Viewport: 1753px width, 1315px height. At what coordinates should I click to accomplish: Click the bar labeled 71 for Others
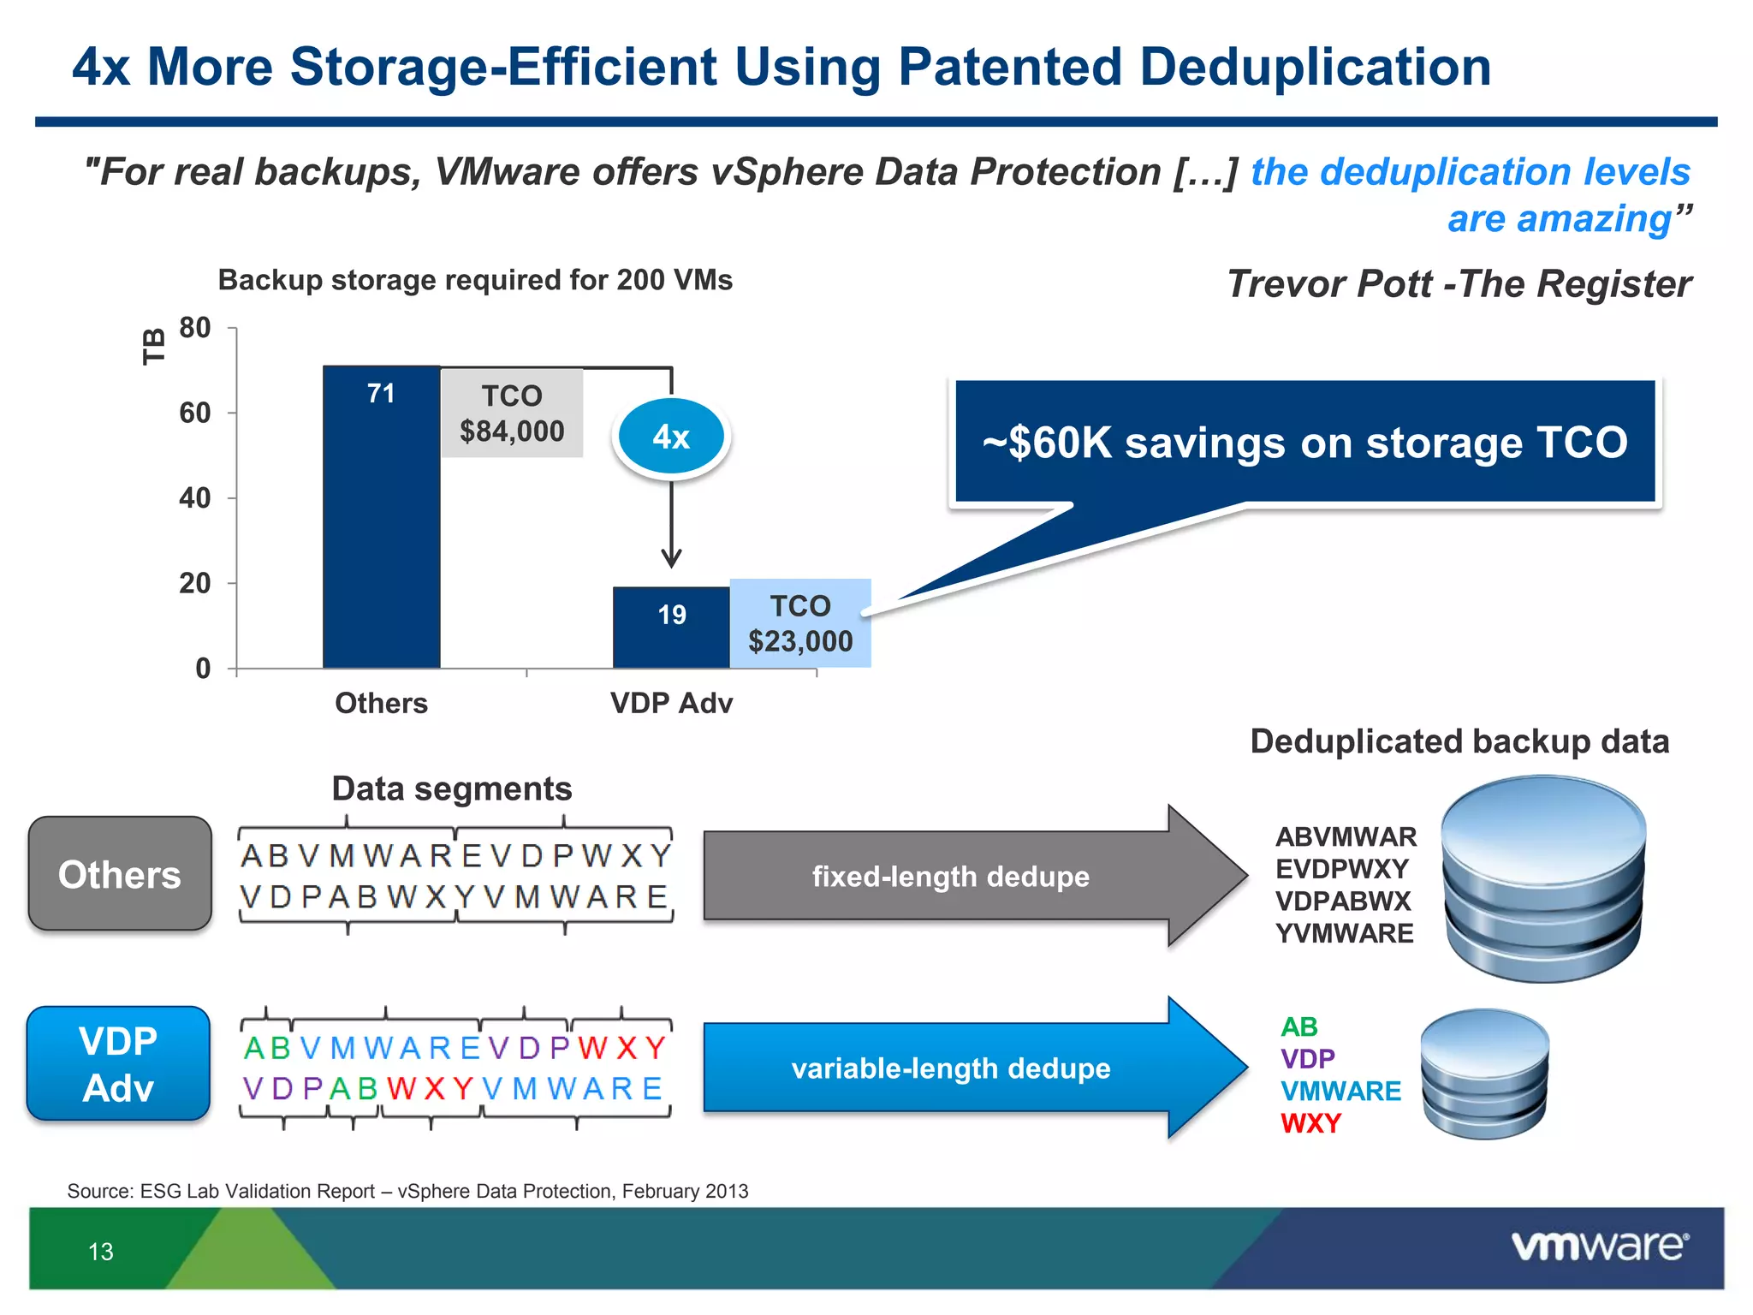click(381, 517)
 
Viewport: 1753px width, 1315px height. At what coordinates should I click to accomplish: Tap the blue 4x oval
click(671, 437)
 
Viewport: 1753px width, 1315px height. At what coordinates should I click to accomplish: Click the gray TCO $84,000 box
click(512, 414)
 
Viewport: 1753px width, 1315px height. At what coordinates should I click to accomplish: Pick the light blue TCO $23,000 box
click(800, 623)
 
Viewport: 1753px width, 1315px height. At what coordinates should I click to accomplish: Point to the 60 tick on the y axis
click(195, 414)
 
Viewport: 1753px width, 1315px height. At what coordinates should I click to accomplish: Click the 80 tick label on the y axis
click(195, 328)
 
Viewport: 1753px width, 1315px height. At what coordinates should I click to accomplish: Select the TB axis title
click(153, 347)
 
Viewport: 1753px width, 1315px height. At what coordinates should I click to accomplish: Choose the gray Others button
click(120, 874)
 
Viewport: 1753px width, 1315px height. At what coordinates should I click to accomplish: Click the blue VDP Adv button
click(119, 1064)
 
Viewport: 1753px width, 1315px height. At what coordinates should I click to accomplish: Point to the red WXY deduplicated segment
click(1310, 1123)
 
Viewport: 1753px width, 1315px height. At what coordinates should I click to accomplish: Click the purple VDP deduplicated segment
click(1307, 1059)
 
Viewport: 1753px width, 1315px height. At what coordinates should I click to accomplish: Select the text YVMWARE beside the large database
click(1344, 933)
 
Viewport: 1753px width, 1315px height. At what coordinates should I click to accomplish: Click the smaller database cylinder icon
click(1484, 1074)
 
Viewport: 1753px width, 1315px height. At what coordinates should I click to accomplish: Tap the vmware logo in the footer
click(1599, 1247)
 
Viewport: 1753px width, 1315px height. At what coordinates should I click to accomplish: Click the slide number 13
click(101, 1252)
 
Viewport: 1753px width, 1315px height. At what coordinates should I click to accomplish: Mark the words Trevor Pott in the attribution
click(1328, 284)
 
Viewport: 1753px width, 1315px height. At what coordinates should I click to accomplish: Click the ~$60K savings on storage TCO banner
click(1304, 442)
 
